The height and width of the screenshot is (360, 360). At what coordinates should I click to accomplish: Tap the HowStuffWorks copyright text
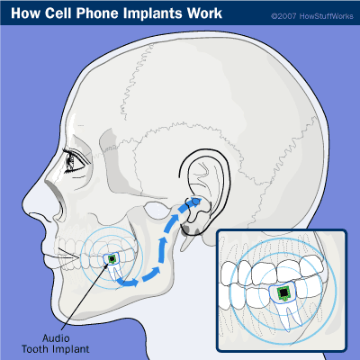point(312,16)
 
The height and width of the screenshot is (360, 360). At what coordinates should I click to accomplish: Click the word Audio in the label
point(56,338)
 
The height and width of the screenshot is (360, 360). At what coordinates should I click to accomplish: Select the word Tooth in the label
point(35,349)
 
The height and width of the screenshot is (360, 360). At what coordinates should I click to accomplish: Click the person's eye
point(74,160)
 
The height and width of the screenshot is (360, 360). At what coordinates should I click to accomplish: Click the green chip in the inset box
point(283,292)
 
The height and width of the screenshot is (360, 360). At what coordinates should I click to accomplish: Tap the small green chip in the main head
point(112,259)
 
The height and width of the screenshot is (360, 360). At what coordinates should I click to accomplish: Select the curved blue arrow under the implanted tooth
point(127,282)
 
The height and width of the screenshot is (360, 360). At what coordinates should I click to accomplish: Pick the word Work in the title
point(204,13)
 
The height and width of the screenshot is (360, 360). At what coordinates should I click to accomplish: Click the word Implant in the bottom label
point(70,349)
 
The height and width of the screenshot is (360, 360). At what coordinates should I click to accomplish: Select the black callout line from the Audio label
point(85,295)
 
